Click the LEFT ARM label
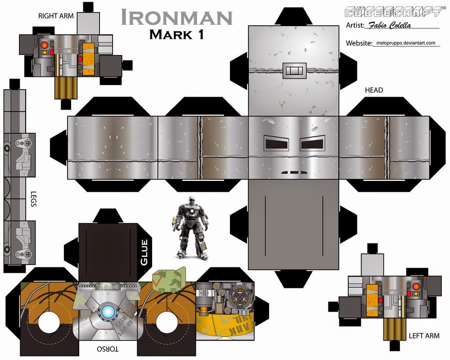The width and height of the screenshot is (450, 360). [x=424, y=336]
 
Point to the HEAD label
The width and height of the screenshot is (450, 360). [x=374, y=90]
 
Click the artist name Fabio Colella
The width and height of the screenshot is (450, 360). [x=390, y=26]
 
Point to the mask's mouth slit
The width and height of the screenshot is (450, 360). [x=293, y=172]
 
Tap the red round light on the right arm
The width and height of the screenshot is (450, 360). [x=44, y=45]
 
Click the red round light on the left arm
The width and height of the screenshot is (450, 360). [x=415, y=286]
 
